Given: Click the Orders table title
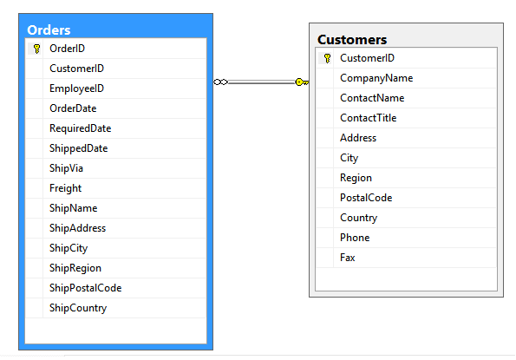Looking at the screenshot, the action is (x=49, y=30).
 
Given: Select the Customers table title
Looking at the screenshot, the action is (x=352, y=40).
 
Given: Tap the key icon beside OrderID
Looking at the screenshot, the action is (x=36, y=49).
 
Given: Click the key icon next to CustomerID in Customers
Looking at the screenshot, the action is (x=327, y=58).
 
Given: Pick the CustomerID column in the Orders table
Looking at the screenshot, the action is (x=76, y=69).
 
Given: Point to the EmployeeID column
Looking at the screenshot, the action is (x=76, y=88).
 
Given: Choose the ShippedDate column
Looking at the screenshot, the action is (x=79, y=148).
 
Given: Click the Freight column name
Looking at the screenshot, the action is (x=66, y=188).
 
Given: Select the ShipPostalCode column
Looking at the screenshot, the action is (x=86, y=288).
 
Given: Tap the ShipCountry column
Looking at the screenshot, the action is (x=78, y=308).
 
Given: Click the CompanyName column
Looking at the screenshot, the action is (x=376, y=78).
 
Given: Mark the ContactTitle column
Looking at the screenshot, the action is (x=369, y=118).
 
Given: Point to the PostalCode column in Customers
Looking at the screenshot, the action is (x=366, y=198).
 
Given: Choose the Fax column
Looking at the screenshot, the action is (x=348, y=258).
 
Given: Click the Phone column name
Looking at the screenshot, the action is (x=355, y=238).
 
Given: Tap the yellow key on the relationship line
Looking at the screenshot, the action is (x=302, y=82).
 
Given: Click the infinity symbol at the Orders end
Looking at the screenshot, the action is (x=220, y=82).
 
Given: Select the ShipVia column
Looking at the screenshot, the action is (x=66, y=168).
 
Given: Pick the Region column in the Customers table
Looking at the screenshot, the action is (x=356, y=178).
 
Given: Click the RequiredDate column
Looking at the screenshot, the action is (x=81, y=128).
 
